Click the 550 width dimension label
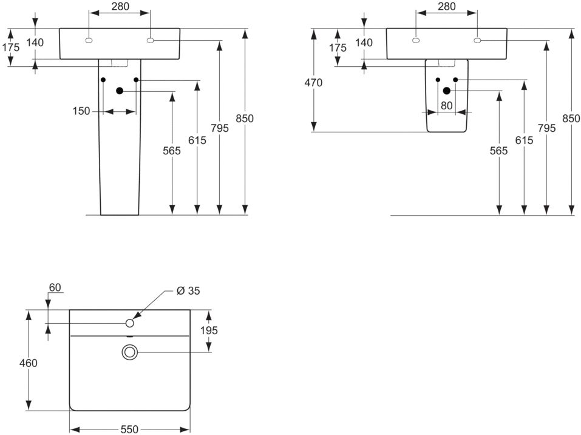pos(129,429)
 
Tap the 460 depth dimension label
pos(29,363)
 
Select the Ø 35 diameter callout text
pos(188,291)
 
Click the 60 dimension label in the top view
pos(55,287)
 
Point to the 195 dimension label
pos(209,330)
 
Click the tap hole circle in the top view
pos(130,323)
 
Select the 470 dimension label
pos(313,83)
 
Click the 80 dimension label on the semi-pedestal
pos(446,106)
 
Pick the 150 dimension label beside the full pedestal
pos(81,111)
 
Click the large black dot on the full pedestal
pos(120,91)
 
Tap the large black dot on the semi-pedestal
pos(446,91)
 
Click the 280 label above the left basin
pos(120,6)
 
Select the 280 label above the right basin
pos(446,6)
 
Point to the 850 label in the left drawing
pos(245,118)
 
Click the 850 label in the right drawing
pos(571,118)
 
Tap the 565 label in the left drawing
pos(172,151)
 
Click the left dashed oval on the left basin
pos(89,41)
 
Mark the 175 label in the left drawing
pos(11,47)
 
